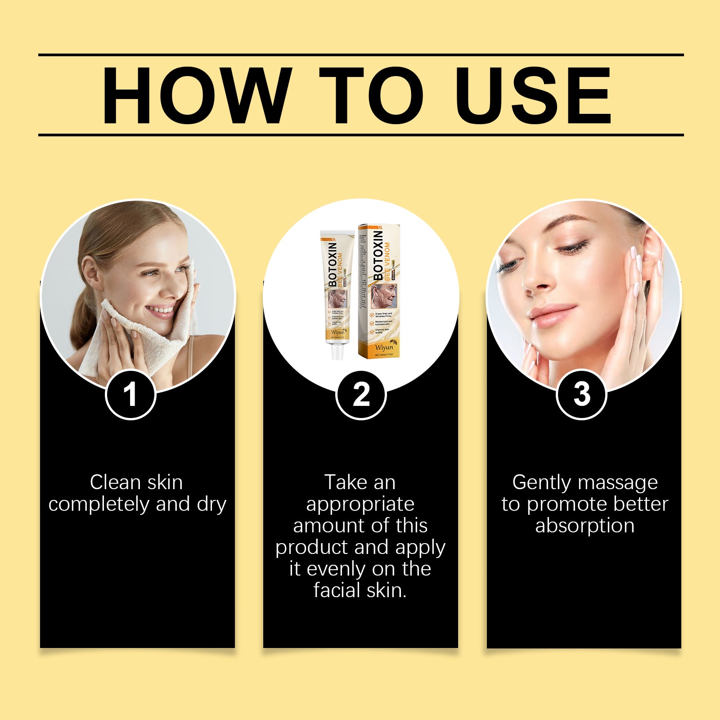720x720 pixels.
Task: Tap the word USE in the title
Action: pos(533,95)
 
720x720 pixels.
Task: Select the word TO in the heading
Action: pos(371,95)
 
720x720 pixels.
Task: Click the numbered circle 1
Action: pos(130,395)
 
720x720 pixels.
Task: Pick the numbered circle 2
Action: pos(361,395)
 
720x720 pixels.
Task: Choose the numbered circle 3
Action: pos(582,395)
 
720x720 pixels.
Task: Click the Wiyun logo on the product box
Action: pos(384,347)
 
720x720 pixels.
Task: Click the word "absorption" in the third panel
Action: pos(585,526)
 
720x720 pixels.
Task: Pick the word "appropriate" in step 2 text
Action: pos(360,504)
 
